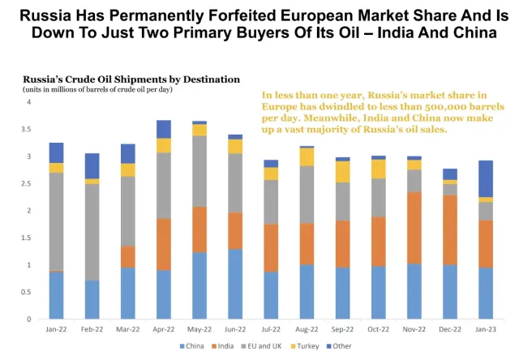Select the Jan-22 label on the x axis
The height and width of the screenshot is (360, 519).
[56, 328]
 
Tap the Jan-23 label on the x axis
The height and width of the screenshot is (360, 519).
[485, 328]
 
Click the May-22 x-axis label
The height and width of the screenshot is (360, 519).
[199, 328]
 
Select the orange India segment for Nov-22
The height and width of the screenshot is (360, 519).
[414, 228]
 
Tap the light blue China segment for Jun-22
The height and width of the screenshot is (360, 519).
[234, 284]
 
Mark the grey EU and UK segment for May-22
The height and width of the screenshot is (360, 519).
[199, 171]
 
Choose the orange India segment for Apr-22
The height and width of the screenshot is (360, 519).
[163, 244]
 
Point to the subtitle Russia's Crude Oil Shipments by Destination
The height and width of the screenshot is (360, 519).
[131, 79]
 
